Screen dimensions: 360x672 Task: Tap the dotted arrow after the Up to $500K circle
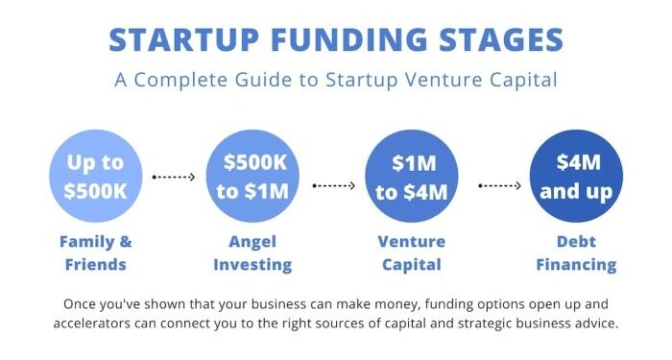click(174, 178)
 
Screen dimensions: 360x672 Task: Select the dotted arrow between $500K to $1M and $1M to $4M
click(333, 185)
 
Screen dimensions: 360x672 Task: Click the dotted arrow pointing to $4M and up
click(499, 185)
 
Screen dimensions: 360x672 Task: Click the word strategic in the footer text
click(468, 323)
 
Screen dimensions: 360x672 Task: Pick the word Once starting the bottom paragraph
click(82, 303)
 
